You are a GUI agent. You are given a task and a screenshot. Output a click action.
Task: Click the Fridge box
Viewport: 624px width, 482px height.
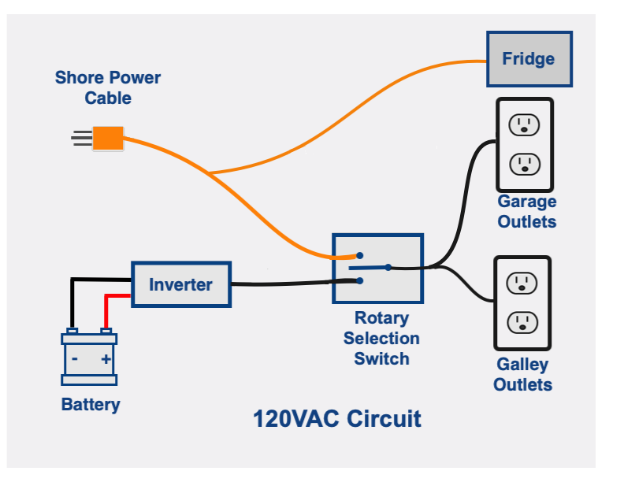pos(529,59)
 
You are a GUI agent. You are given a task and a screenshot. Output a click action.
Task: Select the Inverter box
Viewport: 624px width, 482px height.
pos(181,284)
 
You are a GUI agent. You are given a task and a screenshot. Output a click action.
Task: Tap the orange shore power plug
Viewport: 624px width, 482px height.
pos(108,139)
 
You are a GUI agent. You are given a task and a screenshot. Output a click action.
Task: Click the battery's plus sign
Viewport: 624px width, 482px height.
pos(106,359)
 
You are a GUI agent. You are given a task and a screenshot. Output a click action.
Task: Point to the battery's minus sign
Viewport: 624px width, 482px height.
pos(74,358)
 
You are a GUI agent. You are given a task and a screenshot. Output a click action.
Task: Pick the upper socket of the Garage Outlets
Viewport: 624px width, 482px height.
pos(524,124)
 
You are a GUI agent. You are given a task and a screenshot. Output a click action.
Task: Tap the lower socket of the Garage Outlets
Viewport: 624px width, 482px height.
pos(525,165)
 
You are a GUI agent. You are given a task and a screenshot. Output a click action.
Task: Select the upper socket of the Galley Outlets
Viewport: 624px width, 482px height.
pos(522,283)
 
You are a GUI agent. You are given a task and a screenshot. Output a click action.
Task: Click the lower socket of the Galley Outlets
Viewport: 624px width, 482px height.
pos(522,322)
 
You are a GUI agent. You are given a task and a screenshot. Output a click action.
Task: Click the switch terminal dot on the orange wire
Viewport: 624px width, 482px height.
pos(360,255)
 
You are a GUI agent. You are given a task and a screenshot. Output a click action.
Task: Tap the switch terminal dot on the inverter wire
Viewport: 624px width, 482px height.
pos(360,280)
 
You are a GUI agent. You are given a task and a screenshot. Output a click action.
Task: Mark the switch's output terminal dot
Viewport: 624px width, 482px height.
pos(388,267)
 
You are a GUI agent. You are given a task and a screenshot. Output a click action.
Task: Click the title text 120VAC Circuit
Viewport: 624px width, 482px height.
pos(337,419)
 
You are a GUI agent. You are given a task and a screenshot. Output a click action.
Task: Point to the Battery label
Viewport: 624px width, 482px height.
pos(91,405)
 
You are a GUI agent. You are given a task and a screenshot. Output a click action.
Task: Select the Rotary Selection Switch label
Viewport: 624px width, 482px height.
pos(381,338)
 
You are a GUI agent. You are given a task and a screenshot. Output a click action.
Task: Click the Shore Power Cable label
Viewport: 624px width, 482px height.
pos(108,87)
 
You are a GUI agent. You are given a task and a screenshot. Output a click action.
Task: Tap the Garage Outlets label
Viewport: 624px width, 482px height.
pos(527,211)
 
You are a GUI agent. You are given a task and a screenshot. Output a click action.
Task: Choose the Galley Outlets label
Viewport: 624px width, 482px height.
pos(523,375)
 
